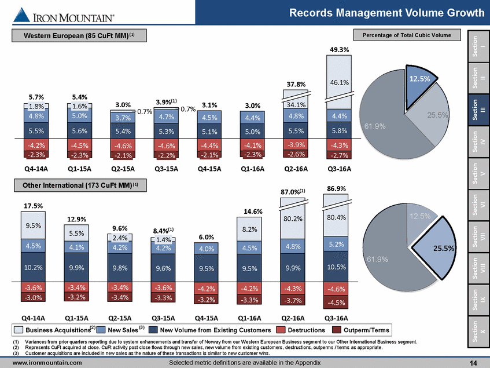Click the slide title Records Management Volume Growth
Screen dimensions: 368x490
(x=386, y=13)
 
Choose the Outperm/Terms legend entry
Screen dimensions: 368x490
(x=362, y=330)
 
